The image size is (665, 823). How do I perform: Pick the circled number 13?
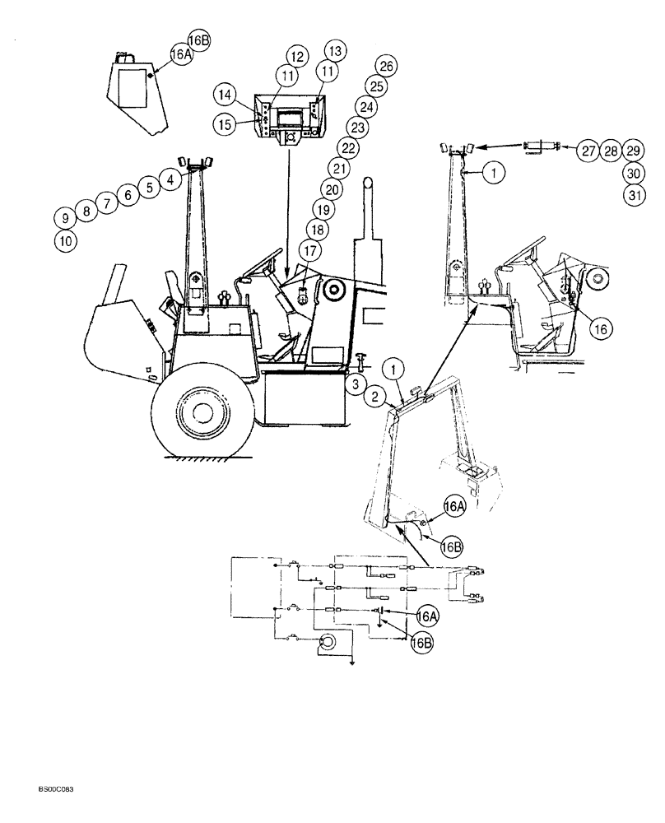coord(334,49)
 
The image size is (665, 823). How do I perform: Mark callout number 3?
coord(352,384)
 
